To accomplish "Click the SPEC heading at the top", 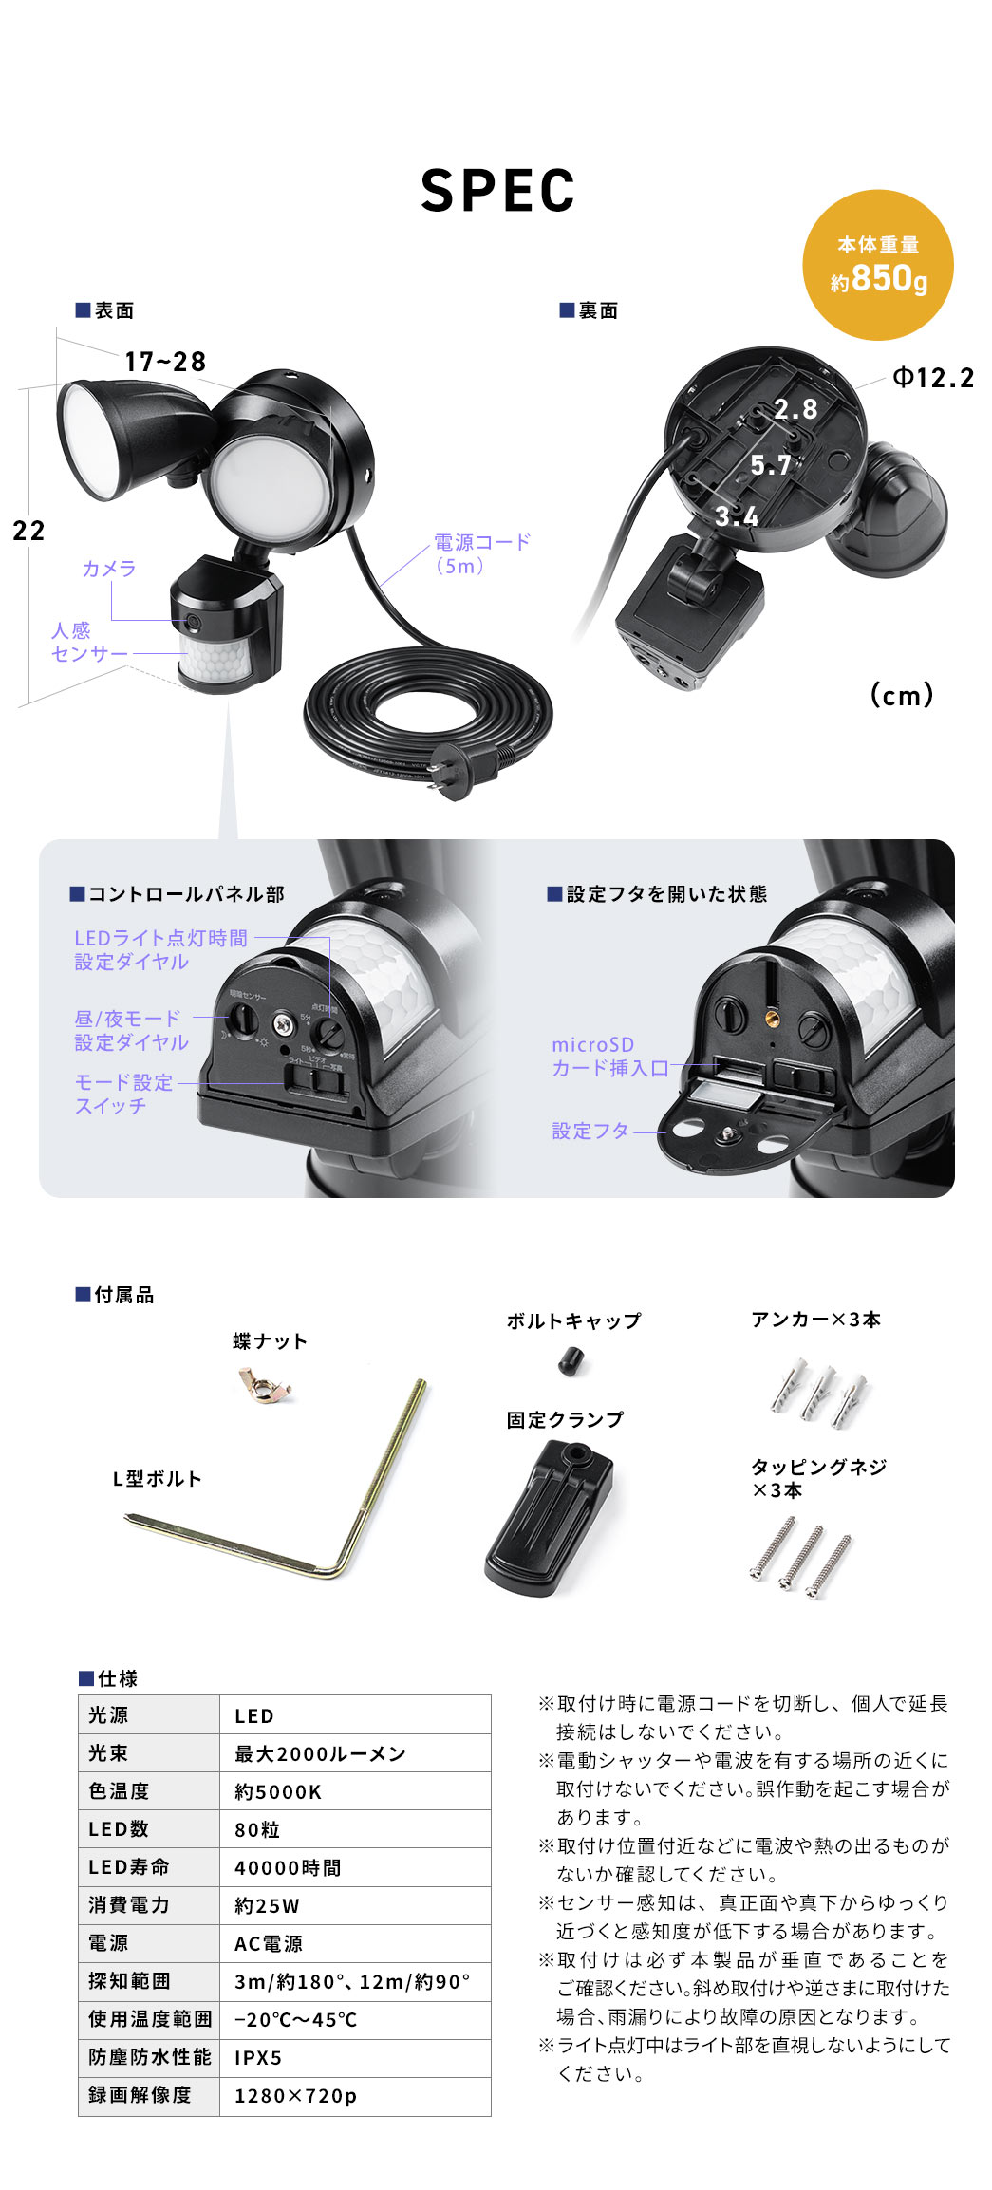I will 497,190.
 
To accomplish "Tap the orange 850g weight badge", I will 878,265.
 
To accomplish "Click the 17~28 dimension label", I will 165,362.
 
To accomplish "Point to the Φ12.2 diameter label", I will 933,378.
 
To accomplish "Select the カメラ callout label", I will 109,569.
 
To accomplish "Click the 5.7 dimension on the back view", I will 771,465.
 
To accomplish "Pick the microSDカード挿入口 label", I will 610,1057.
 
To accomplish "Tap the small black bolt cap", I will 570,1361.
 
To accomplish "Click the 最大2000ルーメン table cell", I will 320,1753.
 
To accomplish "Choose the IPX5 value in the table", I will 258,2057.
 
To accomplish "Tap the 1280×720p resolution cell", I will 295,2095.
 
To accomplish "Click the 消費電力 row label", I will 129,1904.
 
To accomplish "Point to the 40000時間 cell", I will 288,1867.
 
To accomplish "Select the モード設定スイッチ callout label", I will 123,1094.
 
